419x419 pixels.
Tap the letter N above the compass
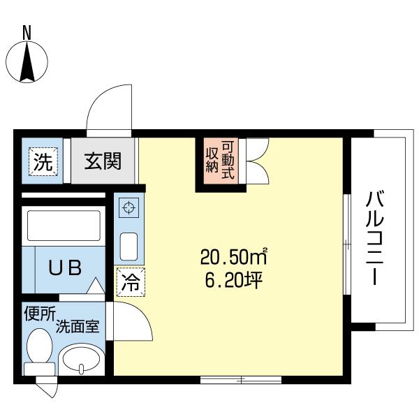click(x=27, y=31)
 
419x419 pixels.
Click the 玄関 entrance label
click(x=103, y=162)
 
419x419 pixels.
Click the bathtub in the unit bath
click(x=64, y=225)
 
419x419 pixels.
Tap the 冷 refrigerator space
click(x=130, y=283)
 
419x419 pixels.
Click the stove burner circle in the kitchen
click(x=129, y=207)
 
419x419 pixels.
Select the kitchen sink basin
click(x=129, y=247)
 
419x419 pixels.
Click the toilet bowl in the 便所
click(x=40, y=346)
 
